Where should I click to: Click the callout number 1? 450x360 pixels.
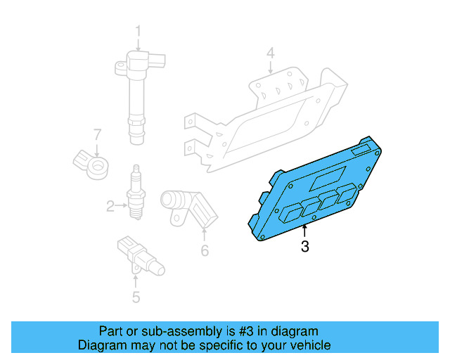(138, 31)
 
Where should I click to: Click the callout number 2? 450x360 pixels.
(110, 206)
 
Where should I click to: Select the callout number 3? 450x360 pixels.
(304, 247)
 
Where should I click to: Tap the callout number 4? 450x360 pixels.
(270, 53)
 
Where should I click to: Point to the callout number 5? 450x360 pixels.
(136, 297)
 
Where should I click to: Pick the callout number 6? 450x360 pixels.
(205, 250)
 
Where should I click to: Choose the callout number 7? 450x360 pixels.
(98, 134)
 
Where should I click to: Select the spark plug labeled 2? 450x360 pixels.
(135, 195)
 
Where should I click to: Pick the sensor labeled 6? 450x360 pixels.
(186, 207)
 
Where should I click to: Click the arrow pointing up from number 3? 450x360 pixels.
(304, 231)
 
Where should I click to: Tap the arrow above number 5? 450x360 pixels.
(136, 281)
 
